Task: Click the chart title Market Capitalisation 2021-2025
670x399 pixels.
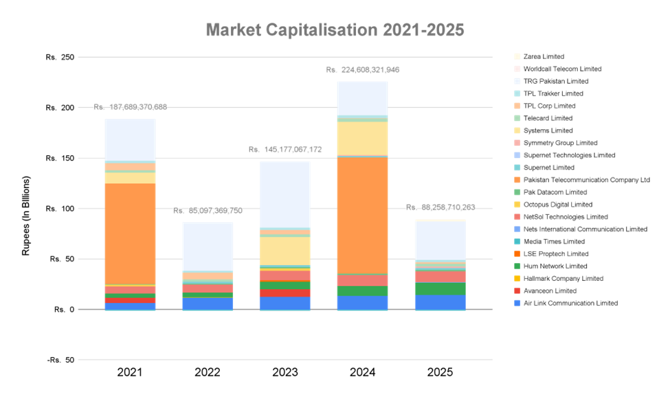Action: point(335,30)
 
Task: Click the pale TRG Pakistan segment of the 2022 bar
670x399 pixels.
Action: point(208,247)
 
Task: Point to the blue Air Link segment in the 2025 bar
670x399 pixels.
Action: point(440,301)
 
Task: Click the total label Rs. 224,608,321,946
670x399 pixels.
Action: point(362,70)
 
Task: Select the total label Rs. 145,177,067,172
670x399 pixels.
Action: point(284,150)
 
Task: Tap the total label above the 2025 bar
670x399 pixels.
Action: point(440,207)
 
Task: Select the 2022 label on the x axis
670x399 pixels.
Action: point(208,373)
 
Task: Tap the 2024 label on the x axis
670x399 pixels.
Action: point(362,373)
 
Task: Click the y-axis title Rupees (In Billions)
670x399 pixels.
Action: point(26,216)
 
